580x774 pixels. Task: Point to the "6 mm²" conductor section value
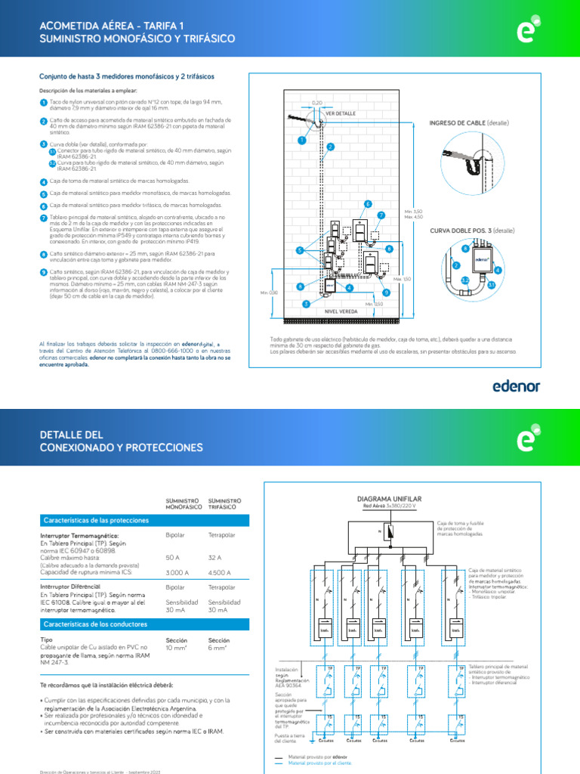coord(217,648)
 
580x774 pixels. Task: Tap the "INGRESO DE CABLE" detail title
coord(458,122)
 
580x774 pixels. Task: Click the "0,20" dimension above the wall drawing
coord(317,101)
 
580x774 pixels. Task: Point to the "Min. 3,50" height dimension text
coord(413,211)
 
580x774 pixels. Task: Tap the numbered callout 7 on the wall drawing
coord(381,215)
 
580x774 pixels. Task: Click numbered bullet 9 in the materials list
coord(43,272)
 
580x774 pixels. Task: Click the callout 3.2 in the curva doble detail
coord(465,280)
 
